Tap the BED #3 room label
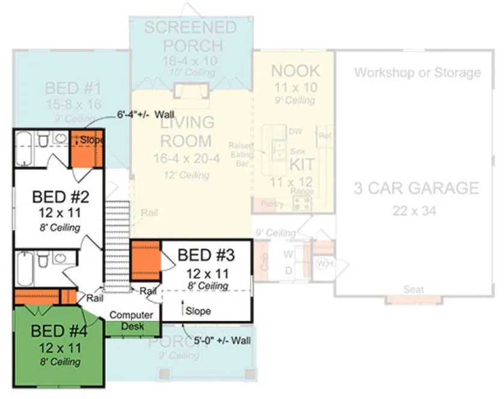205,255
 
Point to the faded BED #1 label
72,89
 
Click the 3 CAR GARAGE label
416,188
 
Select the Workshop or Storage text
417,73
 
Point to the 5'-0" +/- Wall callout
220,341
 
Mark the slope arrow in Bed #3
182,308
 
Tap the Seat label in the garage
413,290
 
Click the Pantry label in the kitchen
272,204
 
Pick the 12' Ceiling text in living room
186,175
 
